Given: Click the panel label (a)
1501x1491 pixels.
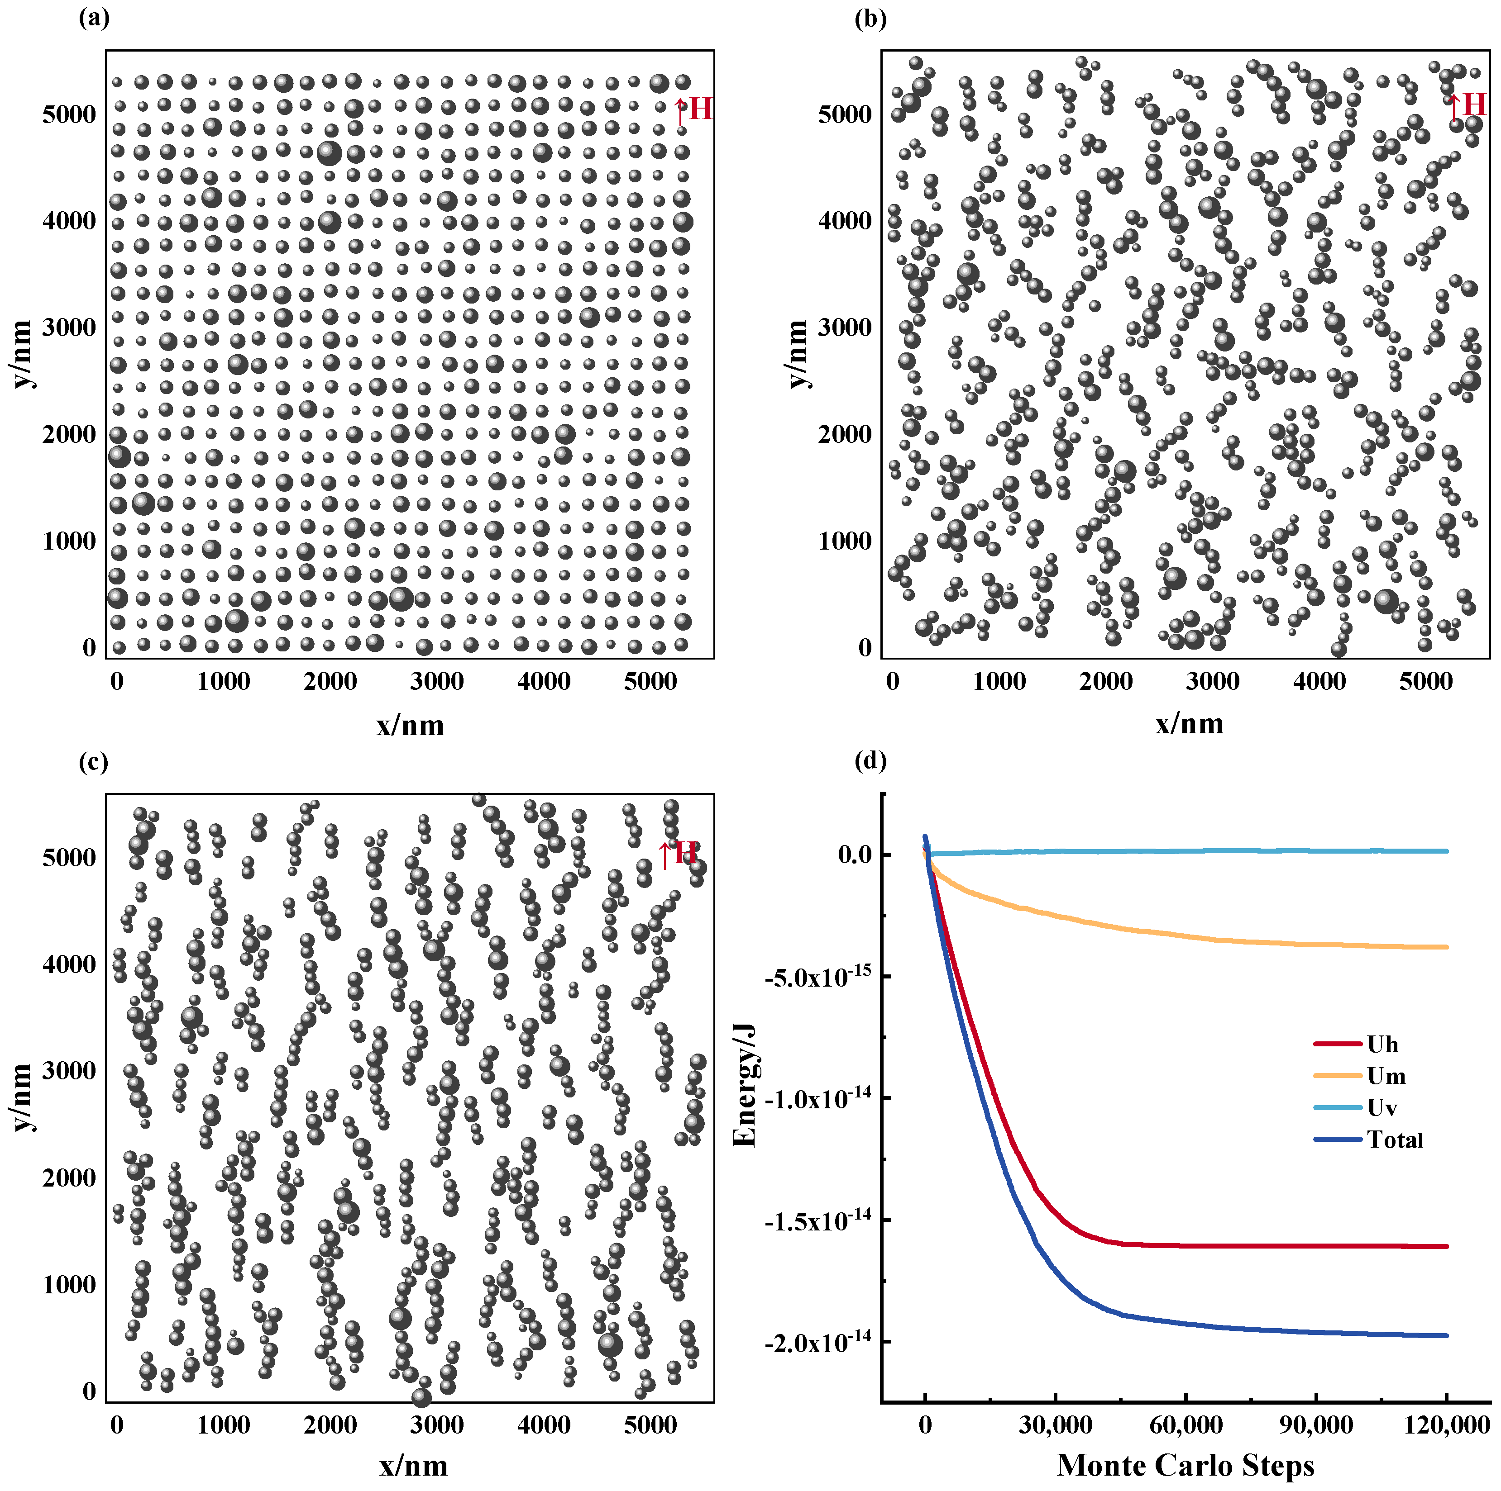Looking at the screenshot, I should pyautogui.click(x=94, y=18).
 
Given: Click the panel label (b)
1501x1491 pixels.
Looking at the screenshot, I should pyautogui.click(x=870, y=18).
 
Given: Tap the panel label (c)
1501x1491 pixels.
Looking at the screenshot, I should pyautogui.click(x=94, y=762).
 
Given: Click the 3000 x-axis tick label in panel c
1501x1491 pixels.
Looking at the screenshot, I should pyautogui.click(x=437, y=1426).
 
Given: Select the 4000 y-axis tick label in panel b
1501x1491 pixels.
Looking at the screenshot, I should pyautogui.click(x=845, y=221).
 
